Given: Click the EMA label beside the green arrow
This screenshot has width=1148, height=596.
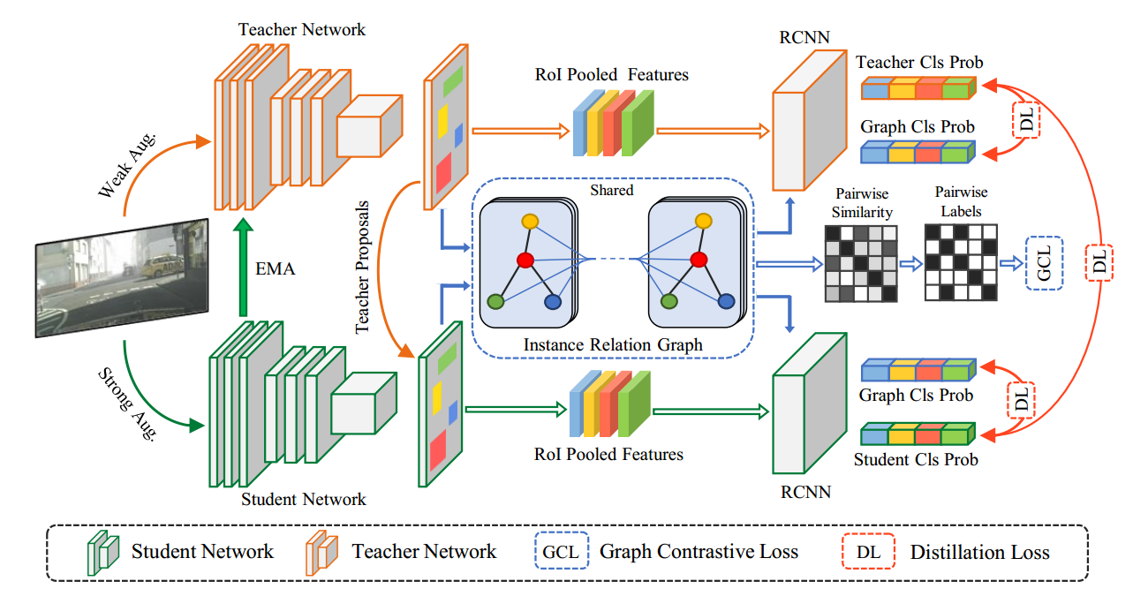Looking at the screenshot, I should click(276, 269).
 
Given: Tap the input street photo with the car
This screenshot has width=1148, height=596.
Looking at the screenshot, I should click(122, 277).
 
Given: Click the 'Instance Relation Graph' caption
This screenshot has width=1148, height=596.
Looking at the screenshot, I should click(613, 344).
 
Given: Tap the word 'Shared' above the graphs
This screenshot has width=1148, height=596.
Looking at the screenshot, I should click(612, 190).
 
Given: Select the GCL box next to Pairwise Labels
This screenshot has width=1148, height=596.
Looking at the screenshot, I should click(1044, 262).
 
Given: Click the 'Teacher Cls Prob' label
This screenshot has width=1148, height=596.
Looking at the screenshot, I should click(919, 63).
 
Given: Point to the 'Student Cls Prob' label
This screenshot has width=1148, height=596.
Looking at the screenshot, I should click(916, 459).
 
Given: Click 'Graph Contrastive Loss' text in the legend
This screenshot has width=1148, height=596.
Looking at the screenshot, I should click(699, 553).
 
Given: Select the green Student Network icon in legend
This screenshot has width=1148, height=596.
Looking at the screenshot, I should click(102, 553).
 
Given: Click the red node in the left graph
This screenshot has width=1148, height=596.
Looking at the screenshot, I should click(525, 260).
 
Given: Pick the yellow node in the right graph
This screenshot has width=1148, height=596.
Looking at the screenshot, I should click(703, 220).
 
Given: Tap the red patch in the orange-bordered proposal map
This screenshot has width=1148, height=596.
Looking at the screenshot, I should click(443, 170).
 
